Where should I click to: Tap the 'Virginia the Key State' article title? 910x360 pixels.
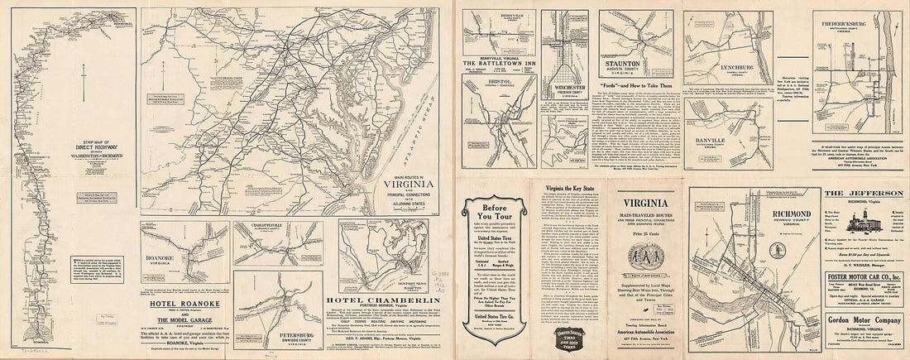(570, 190)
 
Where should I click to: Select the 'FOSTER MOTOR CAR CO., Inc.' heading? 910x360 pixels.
(861, 277)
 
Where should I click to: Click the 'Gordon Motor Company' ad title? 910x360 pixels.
(861, 322)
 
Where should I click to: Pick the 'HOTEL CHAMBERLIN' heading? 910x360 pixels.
(380, 300)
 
